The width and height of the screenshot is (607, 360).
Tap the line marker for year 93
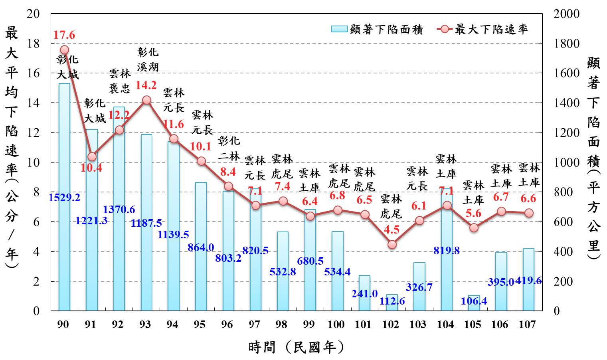pyautogui.click(x=146, y=100)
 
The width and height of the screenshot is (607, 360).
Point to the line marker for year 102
pyautogui.click(x=392, y=244)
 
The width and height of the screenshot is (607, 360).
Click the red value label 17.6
pyautogui.click(x=64, y=35)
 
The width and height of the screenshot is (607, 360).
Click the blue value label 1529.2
pyautogui.click(x=64, y=197)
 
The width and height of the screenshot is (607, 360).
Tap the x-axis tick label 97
pyautogui.click(x=254, y=324)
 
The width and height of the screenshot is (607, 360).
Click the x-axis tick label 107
pyautogui.click(x=527, y=324)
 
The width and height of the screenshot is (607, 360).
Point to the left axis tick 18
pyautogui.click(x=34, y=44)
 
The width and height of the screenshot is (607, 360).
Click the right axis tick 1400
pyautogui.click(x=567, y=103)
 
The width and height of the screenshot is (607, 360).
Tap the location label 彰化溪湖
pyautogui.click(x=148, y=59)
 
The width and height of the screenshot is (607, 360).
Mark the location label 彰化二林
pyautogui.click(x=229, y=148)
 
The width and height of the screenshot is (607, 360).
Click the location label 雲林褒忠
pyautogui.click(x=120, y=81)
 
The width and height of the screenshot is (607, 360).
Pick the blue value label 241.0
pyautogui.click(x=364, y=294)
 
